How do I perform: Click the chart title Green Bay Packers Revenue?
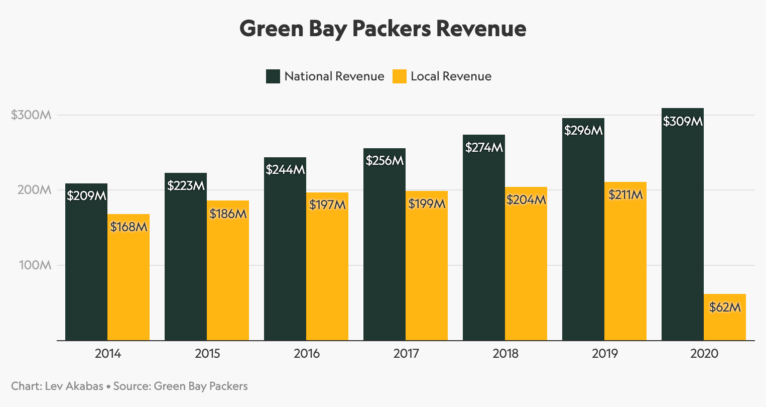(382, 29)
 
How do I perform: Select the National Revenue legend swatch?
(273, 76)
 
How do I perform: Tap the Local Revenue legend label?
(451, 76)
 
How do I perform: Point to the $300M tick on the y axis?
(31, 115)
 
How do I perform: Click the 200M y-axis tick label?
(35, 190)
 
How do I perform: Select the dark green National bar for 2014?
(86, 271)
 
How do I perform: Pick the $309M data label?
(682, 121)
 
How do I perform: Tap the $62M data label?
(724, 307)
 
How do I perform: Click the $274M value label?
(484, 148)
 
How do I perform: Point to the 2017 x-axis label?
(406, 354)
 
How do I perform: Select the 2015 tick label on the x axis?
(207, 354)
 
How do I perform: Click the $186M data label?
(228, 214)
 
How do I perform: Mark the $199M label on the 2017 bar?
(427, 203)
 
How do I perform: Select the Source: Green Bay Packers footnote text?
(180, 386)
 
